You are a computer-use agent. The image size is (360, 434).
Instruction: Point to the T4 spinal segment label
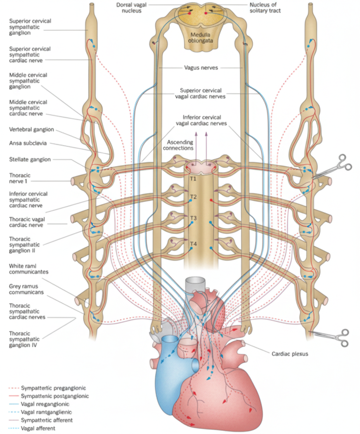193,243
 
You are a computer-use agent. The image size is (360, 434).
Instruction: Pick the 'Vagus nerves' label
200,67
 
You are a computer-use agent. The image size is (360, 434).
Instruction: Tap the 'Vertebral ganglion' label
31,129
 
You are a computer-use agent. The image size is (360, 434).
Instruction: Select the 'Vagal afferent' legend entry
38,428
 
